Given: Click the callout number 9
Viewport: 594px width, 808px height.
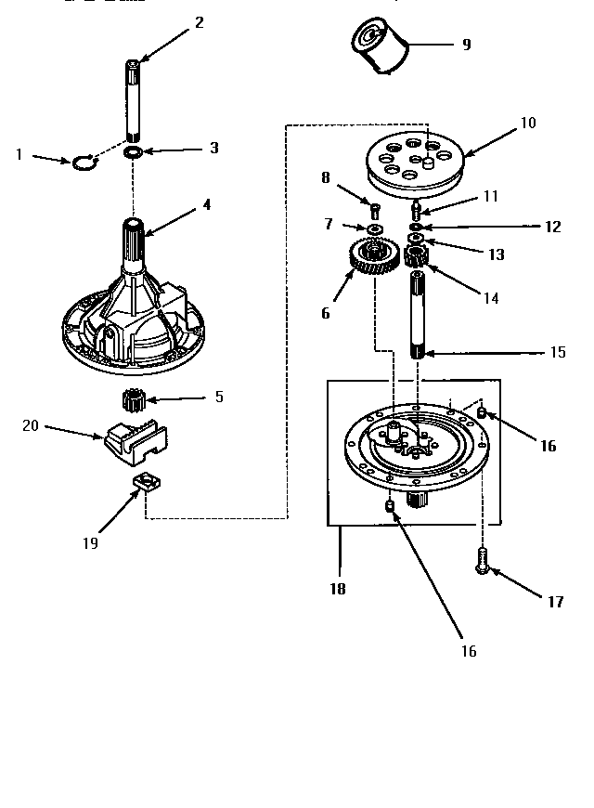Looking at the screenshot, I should (466, 44).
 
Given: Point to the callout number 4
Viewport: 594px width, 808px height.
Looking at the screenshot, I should (206, 203).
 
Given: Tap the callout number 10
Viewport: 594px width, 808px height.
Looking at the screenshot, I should (528, 123).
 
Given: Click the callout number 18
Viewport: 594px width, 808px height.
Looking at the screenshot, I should (340, 589).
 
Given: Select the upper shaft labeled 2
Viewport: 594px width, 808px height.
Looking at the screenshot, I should (135, 98).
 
